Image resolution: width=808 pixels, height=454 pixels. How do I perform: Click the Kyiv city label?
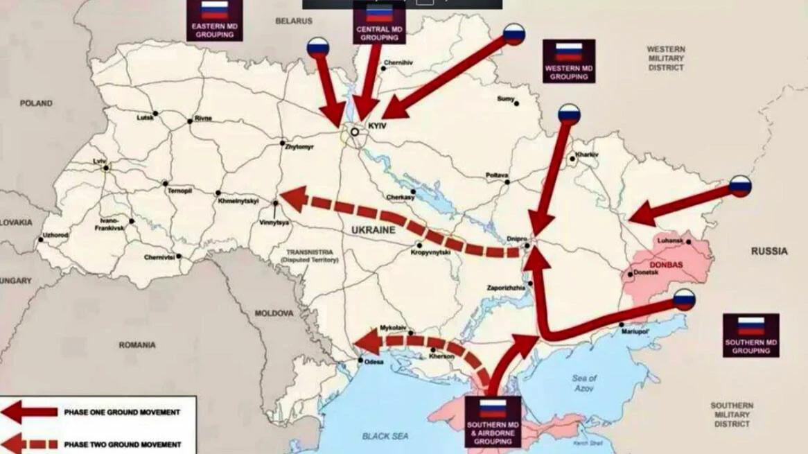[x=376, y=128]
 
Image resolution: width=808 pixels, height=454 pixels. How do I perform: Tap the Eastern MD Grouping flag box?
[x=214, y=19]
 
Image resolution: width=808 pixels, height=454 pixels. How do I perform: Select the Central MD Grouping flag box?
[x=378, y=22]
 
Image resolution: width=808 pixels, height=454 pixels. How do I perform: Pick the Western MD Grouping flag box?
[x=568, y=61]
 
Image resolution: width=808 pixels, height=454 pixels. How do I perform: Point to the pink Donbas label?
[x=667, y=265]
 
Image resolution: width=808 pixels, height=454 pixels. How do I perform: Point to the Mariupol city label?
[x=633, y=331]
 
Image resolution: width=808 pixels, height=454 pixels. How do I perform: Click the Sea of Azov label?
[x=584, y=383]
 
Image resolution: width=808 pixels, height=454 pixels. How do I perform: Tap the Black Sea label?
[x=385, y=436]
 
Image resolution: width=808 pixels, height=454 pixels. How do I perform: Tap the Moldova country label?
[x=274, y=313]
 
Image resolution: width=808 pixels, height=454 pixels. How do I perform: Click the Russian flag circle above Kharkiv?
[x=569, y=113]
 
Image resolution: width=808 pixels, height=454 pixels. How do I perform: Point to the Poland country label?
[x=36, y=103]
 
